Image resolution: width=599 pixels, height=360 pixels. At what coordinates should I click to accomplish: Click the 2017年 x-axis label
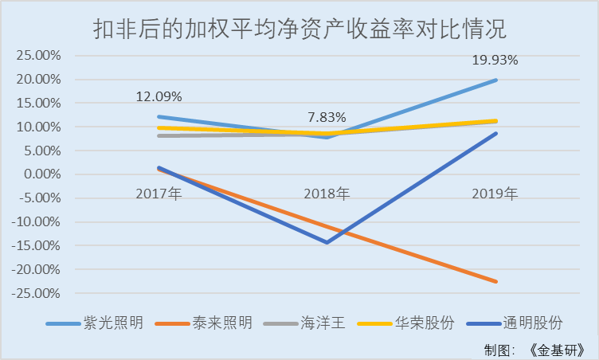159,193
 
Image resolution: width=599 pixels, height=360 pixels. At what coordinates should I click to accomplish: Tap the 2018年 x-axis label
327,193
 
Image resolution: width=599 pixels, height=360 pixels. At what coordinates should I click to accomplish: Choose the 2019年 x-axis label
495,193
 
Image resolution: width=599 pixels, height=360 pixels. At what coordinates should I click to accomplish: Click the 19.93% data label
495,60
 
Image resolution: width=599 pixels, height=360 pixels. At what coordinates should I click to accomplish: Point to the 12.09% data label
159,97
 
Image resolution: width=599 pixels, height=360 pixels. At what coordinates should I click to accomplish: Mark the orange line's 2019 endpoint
496,281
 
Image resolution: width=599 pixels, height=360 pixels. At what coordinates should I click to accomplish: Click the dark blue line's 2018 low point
327,242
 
